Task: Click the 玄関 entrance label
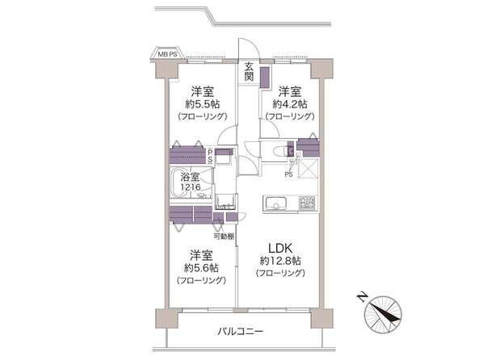point(250,71)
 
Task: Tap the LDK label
point(279,247)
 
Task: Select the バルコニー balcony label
point(241,332)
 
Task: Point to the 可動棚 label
point(225,236)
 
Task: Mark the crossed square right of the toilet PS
point(308,170)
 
